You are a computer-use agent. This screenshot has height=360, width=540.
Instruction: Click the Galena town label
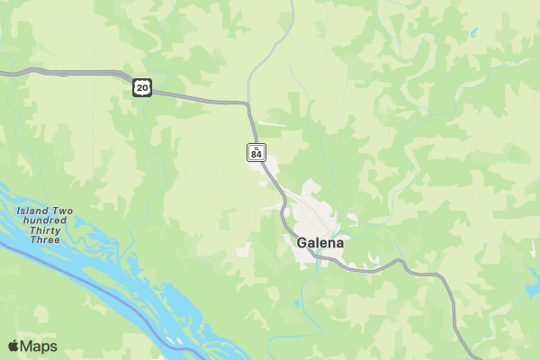319,242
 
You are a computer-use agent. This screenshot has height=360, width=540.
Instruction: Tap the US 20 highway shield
142,87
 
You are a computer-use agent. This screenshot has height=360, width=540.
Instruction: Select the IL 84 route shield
257,152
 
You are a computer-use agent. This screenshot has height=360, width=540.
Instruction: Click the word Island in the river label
32,211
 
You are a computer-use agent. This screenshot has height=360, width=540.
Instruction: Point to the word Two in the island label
60,211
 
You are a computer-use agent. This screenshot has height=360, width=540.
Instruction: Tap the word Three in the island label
45,240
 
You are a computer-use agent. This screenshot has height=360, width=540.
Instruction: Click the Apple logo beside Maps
13,346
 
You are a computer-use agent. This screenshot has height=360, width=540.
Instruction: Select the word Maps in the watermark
39,346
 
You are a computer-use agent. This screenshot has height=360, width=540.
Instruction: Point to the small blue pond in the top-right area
472,33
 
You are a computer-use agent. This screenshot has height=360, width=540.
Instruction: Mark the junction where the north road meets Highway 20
247,103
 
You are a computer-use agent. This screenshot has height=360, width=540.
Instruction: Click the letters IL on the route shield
257,148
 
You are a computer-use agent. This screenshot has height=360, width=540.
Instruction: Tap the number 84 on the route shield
257,155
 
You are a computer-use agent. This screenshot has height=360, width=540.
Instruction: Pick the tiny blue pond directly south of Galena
297,303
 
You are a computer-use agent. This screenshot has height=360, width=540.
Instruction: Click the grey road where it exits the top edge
293,3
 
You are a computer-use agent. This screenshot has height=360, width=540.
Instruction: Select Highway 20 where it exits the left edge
4,72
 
